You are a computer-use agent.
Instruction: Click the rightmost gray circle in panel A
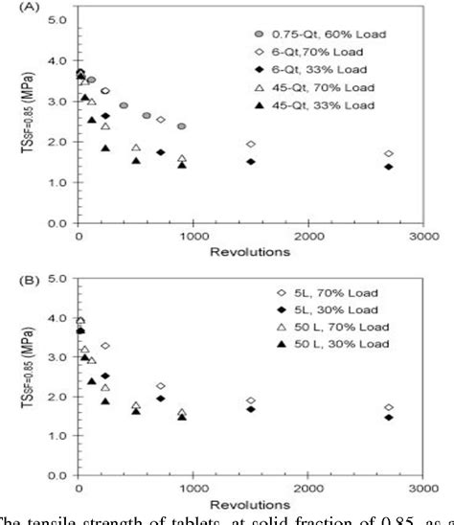coord(181,126)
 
